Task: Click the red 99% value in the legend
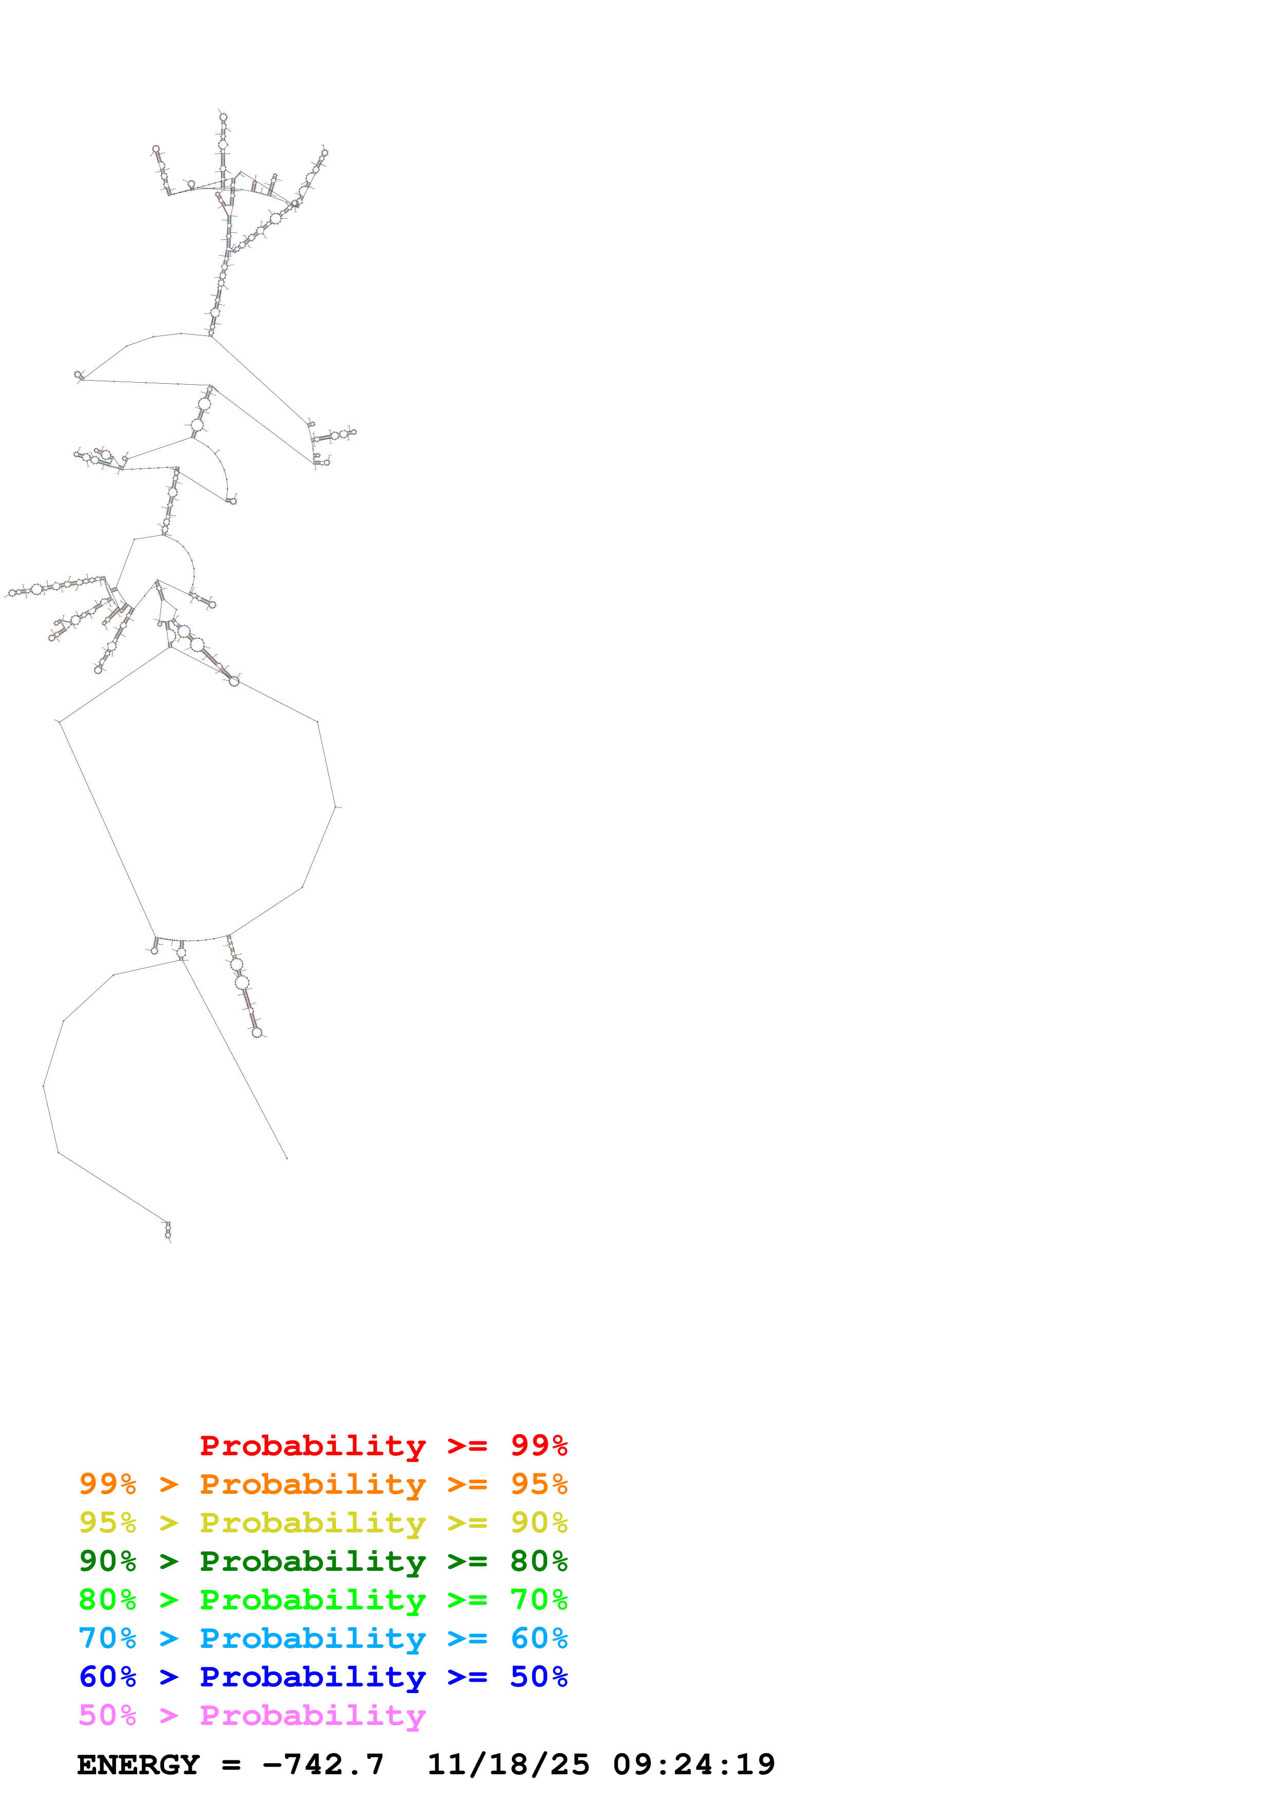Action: point(539,1445)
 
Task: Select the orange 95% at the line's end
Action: point(539,1484)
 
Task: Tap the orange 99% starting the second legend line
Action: point(107,1484)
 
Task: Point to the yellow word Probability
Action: point(312,1522)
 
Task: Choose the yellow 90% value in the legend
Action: point(539,1522)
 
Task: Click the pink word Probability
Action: point(312,1715)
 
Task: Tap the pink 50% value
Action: point(107,1715)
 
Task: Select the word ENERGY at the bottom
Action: point(138,1765)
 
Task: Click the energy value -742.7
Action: point(323,1765)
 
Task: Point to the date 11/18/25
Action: point(508,1765)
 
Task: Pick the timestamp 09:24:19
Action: point(694,1765)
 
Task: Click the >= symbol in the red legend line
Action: point(467,1445)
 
